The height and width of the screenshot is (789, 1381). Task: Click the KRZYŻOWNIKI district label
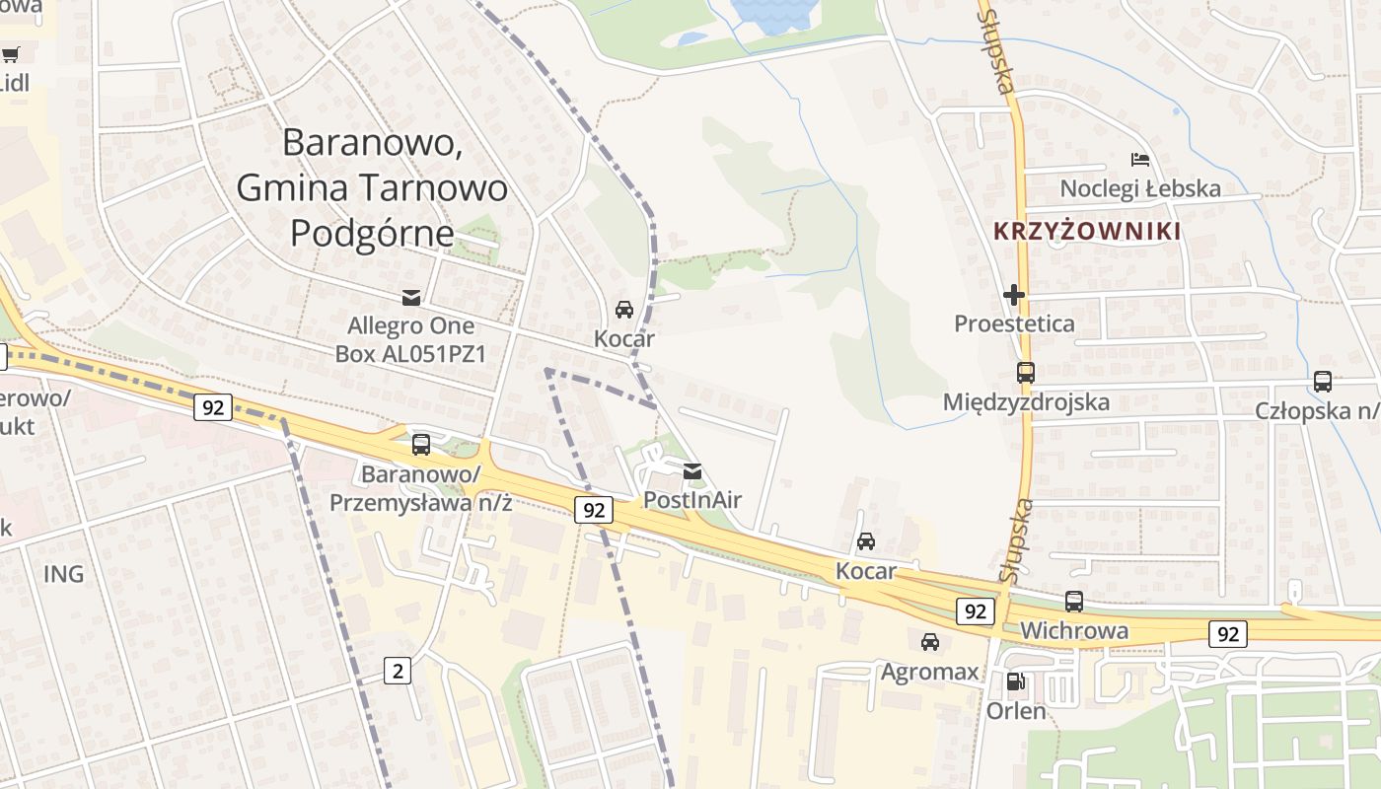(1086, 232)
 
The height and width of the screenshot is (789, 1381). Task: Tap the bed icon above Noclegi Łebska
(1140, 159)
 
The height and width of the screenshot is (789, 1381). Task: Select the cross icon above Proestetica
(1014, 294)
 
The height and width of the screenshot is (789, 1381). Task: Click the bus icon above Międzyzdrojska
(1026, 373)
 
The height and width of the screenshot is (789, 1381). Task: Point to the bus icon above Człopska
(1323, 381)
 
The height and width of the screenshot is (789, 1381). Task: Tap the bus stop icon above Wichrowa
(1074, 601)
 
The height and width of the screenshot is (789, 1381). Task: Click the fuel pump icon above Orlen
(1016, 681)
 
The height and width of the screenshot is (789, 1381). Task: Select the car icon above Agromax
(929, 642)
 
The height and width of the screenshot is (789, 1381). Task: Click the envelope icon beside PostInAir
(693, 471)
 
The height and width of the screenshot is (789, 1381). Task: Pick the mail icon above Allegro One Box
(410, 297)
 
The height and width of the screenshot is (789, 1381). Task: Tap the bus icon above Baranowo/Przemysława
(421, 445)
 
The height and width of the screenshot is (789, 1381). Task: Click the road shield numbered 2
(398, 672)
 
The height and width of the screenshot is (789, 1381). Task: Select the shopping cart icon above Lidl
(10, 54)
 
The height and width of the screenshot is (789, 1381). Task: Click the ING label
(63, 573)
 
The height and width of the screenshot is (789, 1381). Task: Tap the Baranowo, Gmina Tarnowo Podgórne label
(373, 187)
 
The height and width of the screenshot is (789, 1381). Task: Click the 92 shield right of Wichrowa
(1228, 633)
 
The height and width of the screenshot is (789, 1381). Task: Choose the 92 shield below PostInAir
(593, 510)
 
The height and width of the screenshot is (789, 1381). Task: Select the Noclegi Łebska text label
(1139, 188)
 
